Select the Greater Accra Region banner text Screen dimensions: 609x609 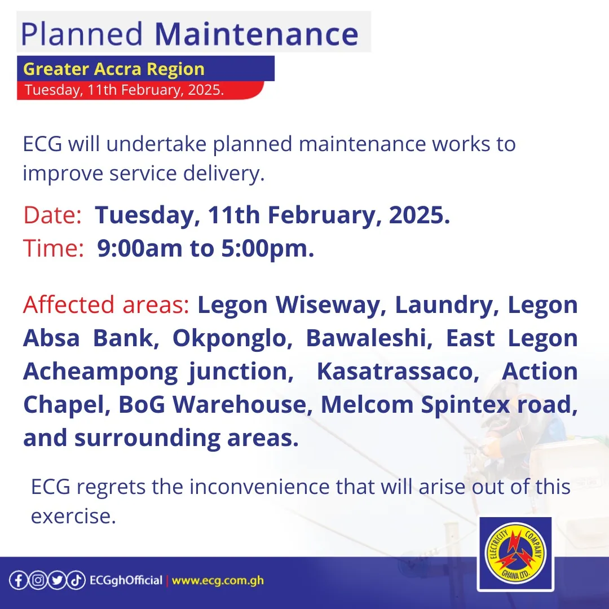coord(114,69)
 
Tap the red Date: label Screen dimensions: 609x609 coord(52,215)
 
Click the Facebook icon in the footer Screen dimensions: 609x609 coord(18,581)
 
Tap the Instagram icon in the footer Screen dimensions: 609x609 coord(37,581)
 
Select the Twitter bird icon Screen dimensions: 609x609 coord(56,581)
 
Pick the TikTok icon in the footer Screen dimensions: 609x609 coord(76,581)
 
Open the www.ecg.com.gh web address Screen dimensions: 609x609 coord(218,581)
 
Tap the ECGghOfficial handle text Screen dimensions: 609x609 coord(126,581)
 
